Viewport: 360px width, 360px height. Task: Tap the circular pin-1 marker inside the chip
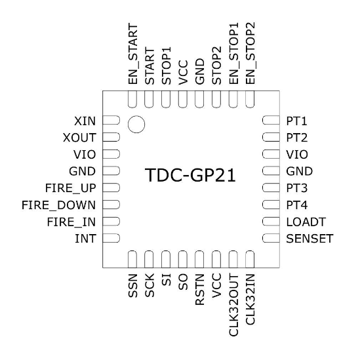click(136, 124)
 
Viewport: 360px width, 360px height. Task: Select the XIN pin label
click(85, 121)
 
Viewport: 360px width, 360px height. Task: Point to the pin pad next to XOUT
click(111, 138)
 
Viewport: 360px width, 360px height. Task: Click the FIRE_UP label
click(75, 188)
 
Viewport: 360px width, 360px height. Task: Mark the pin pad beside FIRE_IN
click(111, 221)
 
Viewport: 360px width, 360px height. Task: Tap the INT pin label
click(88, 238)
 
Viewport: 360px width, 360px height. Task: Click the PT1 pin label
click(296, 121)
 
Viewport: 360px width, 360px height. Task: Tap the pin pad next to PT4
click(270, 205)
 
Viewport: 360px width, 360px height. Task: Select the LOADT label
click(304, 221)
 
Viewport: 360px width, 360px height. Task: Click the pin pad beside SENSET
click(270, 238)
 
